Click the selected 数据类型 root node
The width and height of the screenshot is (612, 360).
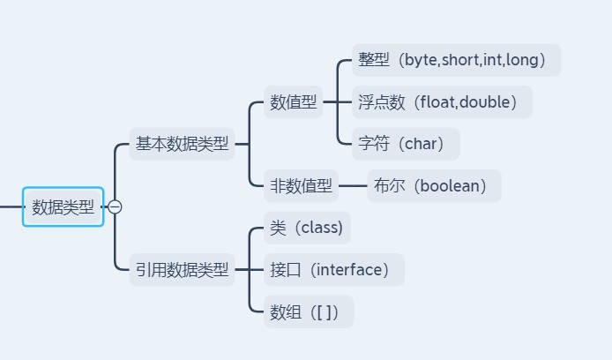click(63, 206)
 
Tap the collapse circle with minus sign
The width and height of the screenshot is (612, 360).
click(115, 206)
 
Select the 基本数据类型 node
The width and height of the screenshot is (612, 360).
click(182, 144)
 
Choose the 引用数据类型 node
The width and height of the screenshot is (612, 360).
click(182, 269)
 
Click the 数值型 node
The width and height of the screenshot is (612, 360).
click(293, 101)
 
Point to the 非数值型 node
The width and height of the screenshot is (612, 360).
click(301, 186)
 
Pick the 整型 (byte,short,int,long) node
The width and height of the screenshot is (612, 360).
click(456, 60)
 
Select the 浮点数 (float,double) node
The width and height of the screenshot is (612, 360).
click(442, 101)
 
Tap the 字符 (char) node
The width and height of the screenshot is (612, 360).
click(406, 144)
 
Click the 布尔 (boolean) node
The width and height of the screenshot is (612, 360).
click(435, 186)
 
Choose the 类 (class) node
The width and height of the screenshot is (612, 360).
click(307, 228)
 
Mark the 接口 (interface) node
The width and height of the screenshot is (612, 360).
click(334, 269)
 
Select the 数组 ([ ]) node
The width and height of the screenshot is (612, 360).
click(309, 311)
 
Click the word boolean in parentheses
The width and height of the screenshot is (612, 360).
click(450, 186)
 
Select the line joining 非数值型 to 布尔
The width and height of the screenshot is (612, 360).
click(353, 186)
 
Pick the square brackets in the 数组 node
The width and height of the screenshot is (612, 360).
click(325, 312)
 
